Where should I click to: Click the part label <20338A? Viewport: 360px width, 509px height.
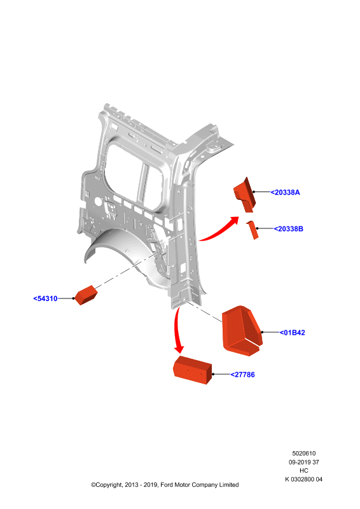285,193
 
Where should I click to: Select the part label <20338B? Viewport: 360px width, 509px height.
288,229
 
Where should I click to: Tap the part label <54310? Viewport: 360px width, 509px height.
45,298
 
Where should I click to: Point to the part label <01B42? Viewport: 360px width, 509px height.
292,333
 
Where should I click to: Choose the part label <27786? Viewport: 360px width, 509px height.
242,375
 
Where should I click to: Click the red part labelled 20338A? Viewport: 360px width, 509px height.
245,195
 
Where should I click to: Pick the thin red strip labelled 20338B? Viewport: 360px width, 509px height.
253,230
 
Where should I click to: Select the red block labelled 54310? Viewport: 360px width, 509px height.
86,295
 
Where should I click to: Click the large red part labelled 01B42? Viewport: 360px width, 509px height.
242,330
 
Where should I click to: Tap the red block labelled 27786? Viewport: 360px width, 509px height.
193,370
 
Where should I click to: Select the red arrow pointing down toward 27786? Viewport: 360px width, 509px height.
177,331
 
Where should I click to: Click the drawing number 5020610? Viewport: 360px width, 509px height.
304,454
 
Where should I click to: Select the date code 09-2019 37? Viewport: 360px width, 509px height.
304,463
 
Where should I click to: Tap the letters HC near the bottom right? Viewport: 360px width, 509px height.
304,471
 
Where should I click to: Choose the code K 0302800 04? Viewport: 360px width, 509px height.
304,480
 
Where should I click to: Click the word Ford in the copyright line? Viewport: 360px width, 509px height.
167,485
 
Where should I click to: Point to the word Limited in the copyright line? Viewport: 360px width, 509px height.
229,485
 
